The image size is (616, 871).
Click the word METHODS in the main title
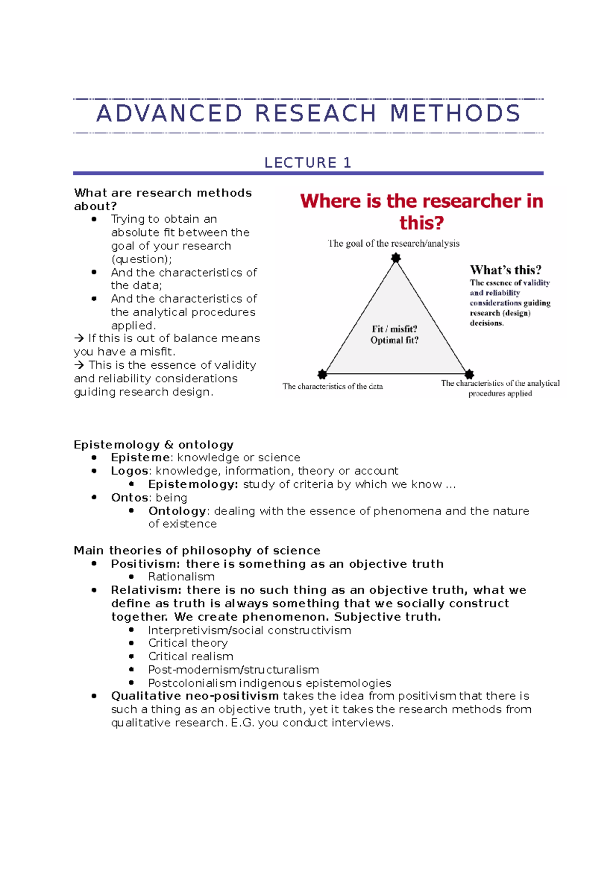[455, 113]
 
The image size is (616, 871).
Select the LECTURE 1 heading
[307, 163]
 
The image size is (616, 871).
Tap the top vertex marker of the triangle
[396, 258]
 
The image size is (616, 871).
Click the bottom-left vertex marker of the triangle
[322, 374]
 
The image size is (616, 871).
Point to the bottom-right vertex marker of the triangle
[469, 374]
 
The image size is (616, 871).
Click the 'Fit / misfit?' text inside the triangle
[394, 329]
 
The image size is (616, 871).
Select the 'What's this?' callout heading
[505, 270]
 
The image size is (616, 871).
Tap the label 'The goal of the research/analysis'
[394, 244]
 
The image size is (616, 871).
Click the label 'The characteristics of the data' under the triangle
[333, 386]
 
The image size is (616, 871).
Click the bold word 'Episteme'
[140, 458]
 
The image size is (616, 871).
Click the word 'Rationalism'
[181, 577]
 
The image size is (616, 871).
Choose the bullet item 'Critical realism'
[190, 656]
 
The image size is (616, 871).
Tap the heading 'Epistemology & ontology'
[153, 444]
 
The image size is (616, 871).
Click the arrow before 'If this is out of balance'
[79, 339]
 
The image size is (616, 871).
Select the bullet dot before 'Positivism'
[94, 564]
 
